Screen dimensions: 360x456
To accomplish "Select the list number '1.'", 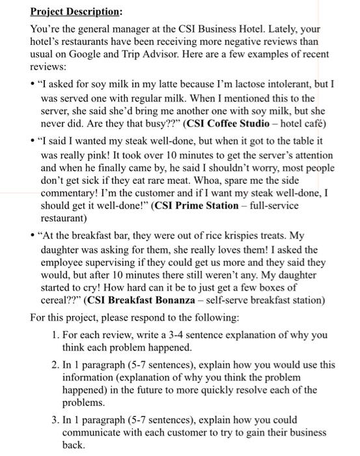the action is tap(55, 335).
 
